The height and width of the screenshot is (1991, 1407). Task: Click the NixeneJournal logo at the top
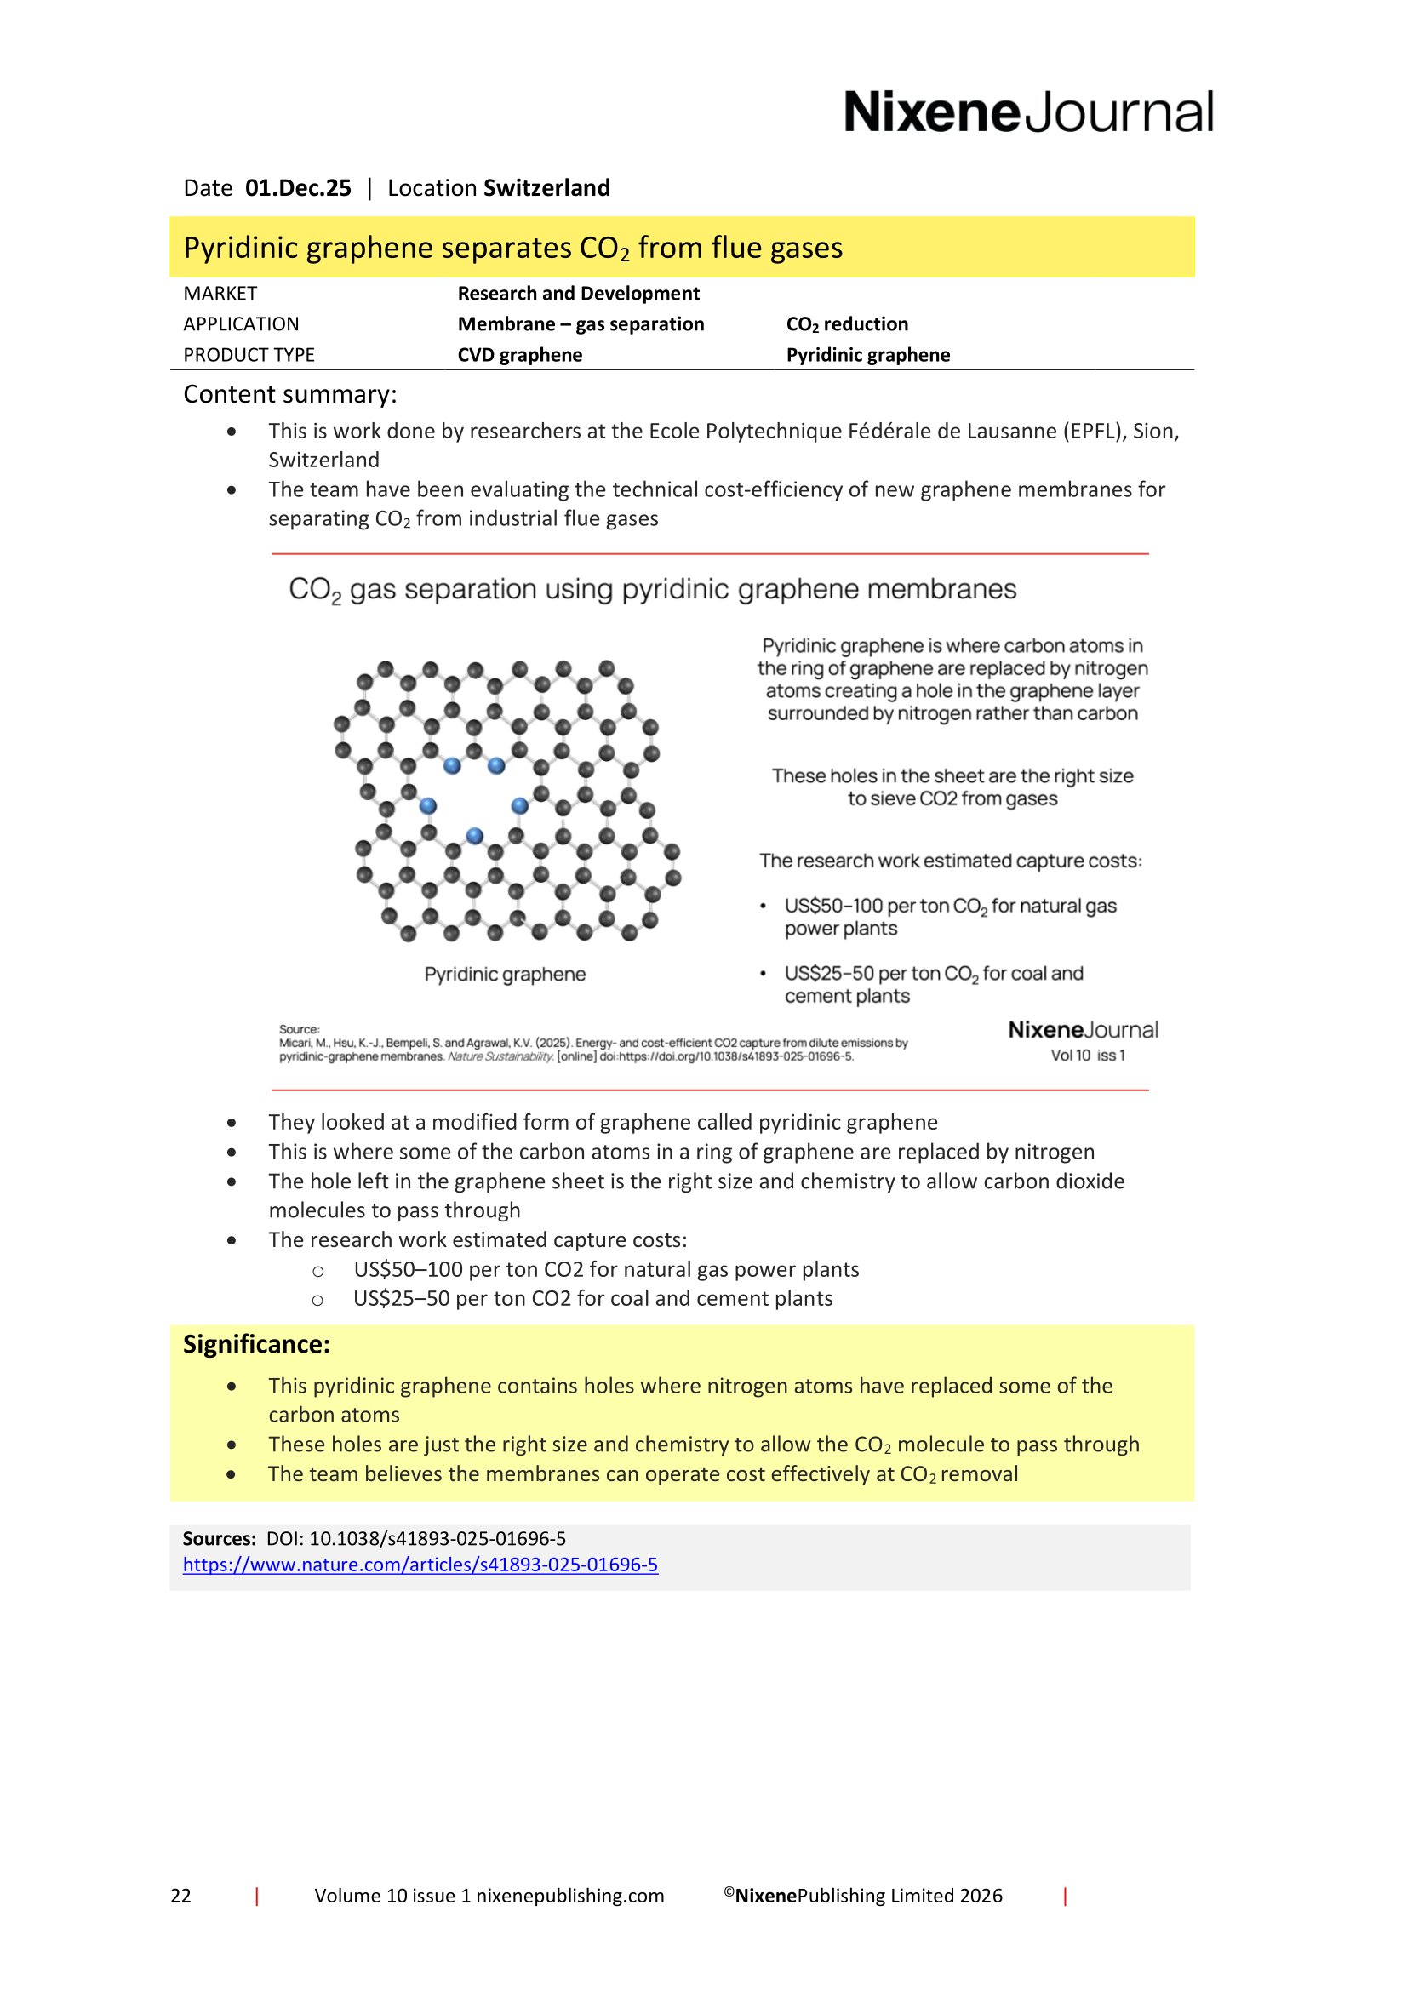[x=1028, y=112]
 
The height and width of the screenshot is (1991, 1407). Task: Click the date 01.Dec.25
[x=297, y=188]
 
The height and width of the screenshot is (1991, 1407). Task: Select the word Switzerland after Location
[x=546, y=188]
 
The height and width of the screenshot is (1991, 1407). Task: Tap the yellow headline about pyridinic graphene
[x=512, y=248]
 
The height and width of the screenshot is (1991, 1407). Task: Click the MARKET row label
[x=220, y=294]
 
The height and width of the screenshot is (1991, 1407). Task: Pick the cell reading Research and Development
[x=578, y=294]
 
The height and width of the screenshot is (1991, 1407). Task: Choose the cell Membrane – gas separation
[x=581, y=324]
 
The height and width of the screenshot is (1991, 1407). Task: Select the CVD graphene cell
[x=519, y=356]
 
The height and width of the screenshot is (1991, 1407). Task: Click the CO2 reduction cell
[x=847, y=324]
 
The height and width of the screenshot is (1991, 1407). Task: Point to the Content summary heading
[x=289, y=395]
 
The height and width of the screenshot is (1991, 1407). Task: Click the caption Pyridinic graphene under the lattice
[x=505, y=975]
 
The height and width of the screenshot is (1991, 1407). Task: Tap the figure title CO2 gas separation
[x=652, y=590]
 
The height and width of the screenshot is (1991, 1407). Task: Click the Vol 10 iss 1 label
[x=1087, y=1056]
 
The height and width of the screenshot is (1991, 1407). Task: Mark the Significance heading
[x=255, y=1345]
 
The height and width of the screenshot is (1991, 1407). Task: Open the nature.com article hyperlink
[x=420, y=1565]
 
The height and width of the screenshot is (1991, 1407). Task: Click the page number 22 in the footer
[x=180, y=1896]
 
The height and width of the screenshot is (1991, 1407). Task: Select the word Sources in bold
[x=219, y=1538]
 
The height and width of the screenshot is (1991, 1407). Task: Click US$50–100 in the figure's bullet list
[x=833, y=907]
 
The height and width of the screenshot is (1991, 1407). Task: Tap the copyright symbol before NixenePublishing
[x=729, y=1892]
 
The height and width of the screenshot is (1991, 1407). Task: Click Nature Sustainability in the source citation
[x=500, y=1056]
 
